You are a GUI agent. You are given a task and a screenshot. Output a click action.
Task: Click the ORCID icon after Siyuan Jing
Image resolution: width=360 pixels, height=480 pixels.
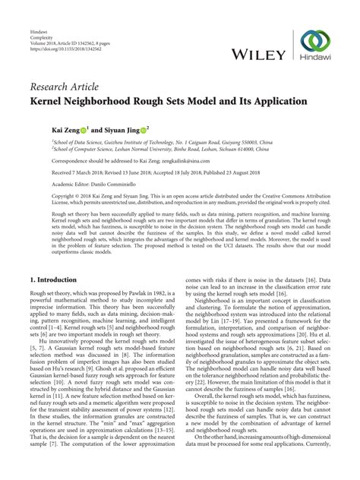point(143,130)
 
